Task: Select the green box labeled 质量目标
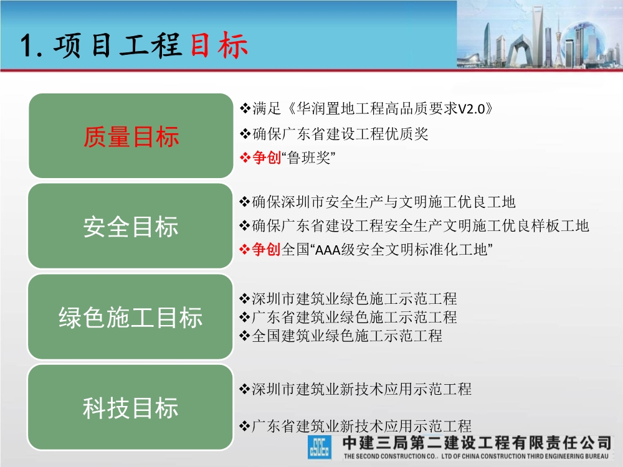click(x=131, y=136)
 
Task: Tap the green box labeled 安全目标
click(x=131, y=227)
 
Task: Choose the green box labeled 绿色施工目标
click(x=131, y=317)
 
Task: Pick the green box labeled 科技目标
click(x=131, y=408)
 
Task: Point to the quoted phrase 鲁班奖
click(x=305, y=158)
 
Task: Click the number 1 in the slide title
click(x=27, y=47)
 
